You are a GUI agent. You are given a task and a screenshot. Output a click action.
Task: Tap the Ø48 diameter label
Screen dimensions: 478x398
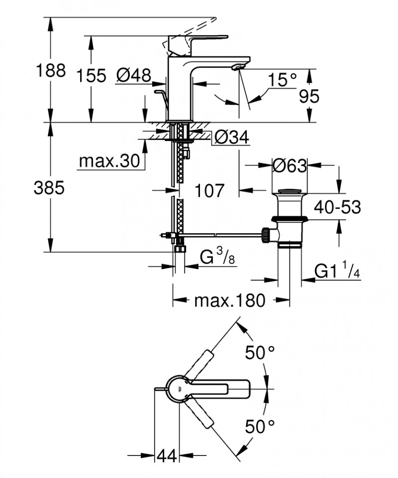pyautogui.click(x=133, y=75)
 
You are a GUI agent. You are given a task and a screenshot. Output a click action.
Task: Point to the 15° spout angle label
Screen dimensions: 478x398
pyautogui.click(x=282, y=79)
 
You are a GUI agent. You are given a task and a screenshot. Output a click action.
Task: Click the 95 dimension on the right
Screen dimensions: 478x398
pyautogui.click(x=309, y=96)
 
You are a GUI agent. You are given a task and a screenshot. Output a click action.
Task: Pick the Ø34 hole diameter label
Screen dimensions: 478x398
pyautogui.click(x=232, y=138)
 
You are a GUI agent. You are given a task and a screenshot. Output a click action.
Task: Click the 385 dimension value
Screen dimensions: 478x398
pyautogui.click(x=49, y=188)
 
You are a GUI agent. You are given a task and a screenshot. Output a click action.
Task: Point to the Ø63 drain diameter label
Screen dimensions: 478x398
pyautogui.click(x=290, y=165)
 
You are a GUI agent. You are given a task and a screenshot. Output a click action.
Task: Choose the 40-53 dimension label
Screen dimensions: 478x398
pyautogui.click(x=337, y=207)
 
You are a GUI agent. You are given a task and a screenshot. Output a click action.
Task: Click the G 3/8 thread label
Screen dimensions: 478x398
pyautogui.click(x=217, y=257)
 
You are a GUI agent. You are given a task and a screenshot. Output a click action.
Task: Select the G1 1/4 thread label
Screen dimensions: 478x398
pyautogui.click(x=338, y=271)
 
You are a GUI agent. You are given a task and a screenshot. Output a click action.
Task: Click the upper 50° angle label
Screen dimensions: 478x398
pyautogui.click(x=260, y=353)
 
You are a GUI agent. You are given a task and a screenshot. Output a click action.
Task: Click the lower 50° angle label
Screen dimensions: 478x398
pyautogui.click(x=260, y=426)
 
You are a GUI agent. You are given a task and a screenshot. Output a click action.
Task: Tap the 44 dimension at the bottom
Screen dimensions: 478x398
pyautogui.click(x=168, y=456)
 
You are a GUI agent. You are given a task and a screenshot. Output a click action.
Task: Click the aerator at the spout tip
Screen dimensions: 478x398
pyautogui.click(x=240, y=67)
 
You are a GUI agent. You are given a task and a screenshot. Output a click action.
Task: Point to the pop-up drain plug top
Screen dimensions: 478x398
pyautogui.click(x=290, y=191)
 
